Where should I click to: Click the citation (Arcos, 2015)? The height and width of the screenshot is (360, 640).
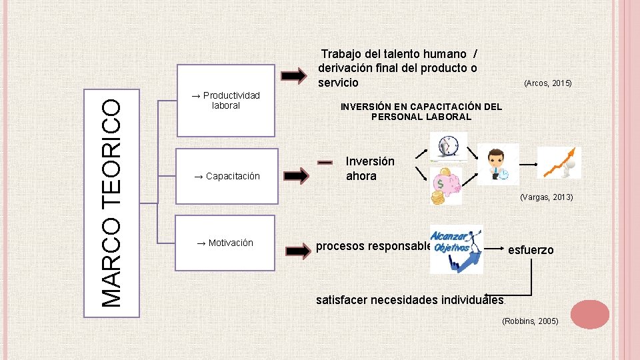tap(547, 83)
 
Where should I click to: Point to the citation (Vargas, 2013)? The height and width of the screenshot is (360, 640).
tap(549, 197)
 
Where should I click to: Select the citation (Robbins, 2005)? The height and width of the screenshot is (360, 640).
tap(530, 321)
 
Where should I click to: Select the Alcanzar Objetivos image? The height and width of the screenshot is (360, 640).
tap(456, 249)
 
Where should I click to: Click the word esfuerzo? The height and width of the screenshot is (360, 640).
tap(531, 250)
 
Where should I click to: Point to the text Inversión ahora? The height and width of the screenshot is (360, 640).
tap(370, 169)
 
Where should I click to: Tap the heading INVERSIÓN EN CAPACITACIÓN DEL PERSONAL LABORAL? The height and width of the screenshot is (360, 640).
tap(421, 111)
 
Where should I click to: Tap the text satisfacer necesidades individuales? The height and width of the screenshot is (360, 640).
tap(410, 300)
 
